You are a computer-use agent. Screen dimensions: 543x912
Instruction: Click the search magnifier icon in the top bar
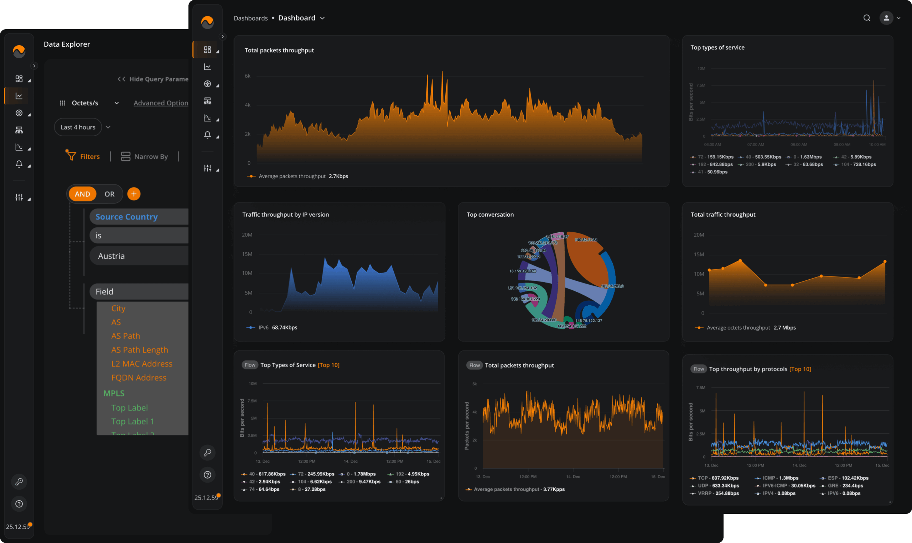click(867, 18)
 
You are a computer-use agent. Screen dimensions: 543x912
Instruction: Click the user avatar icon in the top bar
click(886, 18)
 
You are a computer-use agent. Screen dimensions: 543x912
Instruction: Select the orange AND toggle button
click(82, 194)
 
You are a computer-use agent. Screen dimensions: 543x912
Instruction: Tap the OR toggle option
click(109, 194)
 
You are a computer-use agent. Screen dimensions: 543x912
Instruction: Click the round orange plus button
click(134, 194)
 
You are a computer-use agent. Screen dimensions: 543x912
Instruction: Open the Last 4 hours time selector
click(78, 127)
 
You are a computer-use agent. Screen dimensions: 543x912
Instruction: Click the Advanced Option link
click(161, 103)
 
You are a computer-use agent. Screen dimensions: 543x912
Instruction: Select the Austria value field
click(139, 256)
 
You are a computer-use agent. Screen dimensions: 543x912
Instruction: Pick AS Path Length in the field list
click(140, 350)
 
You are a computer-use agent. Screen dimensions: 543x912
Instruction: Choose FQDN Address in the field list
click(139, 378)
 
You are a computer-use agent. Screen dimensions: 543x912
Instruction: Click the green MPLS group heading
click(114, 393)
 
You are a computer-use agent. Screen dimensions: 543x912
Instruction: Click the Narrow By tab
click(145, 157)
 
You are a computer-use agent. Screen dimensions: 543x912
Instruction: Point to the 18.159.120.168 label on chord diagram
click(523, 271)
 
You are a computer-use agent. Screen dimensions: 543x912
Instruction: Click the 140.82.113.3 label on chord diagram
click(586, 240)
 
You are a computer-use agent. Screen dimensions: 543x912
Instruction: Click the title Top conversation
click(490, 215)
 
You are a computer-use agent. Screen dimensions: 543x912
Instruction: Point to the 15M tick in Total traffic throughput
click(699, 254)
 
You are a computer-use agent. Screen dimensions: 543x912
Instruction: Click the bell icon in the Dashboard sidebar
click(207, 135)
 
